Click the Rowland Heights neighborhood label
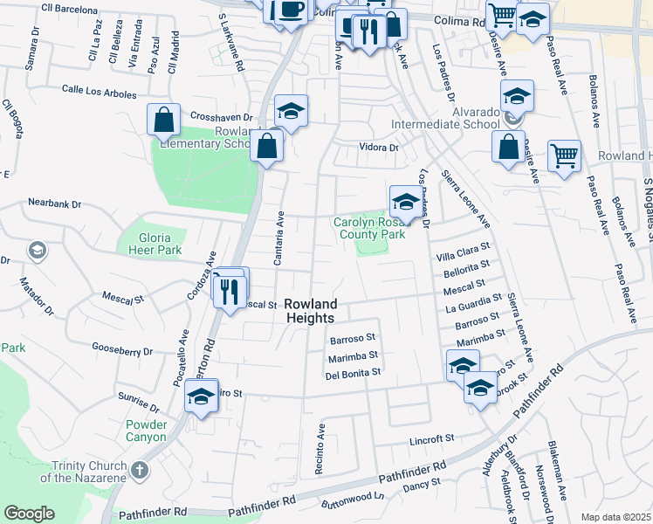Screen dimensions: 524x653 click(310, 311)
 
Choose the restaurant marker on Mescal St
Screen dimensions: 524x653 click(230, 290)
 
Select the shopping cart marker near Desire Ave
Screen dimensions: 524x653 click(565, 157)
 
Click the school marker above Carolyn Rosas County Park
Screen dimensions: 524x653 click(403, 203)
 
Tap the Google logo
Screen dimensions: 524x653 click(29, 513)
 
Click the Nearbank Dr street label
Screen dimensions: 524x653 click(54, 203)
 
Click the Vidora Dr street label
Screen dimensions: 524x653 click(380, 148)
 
